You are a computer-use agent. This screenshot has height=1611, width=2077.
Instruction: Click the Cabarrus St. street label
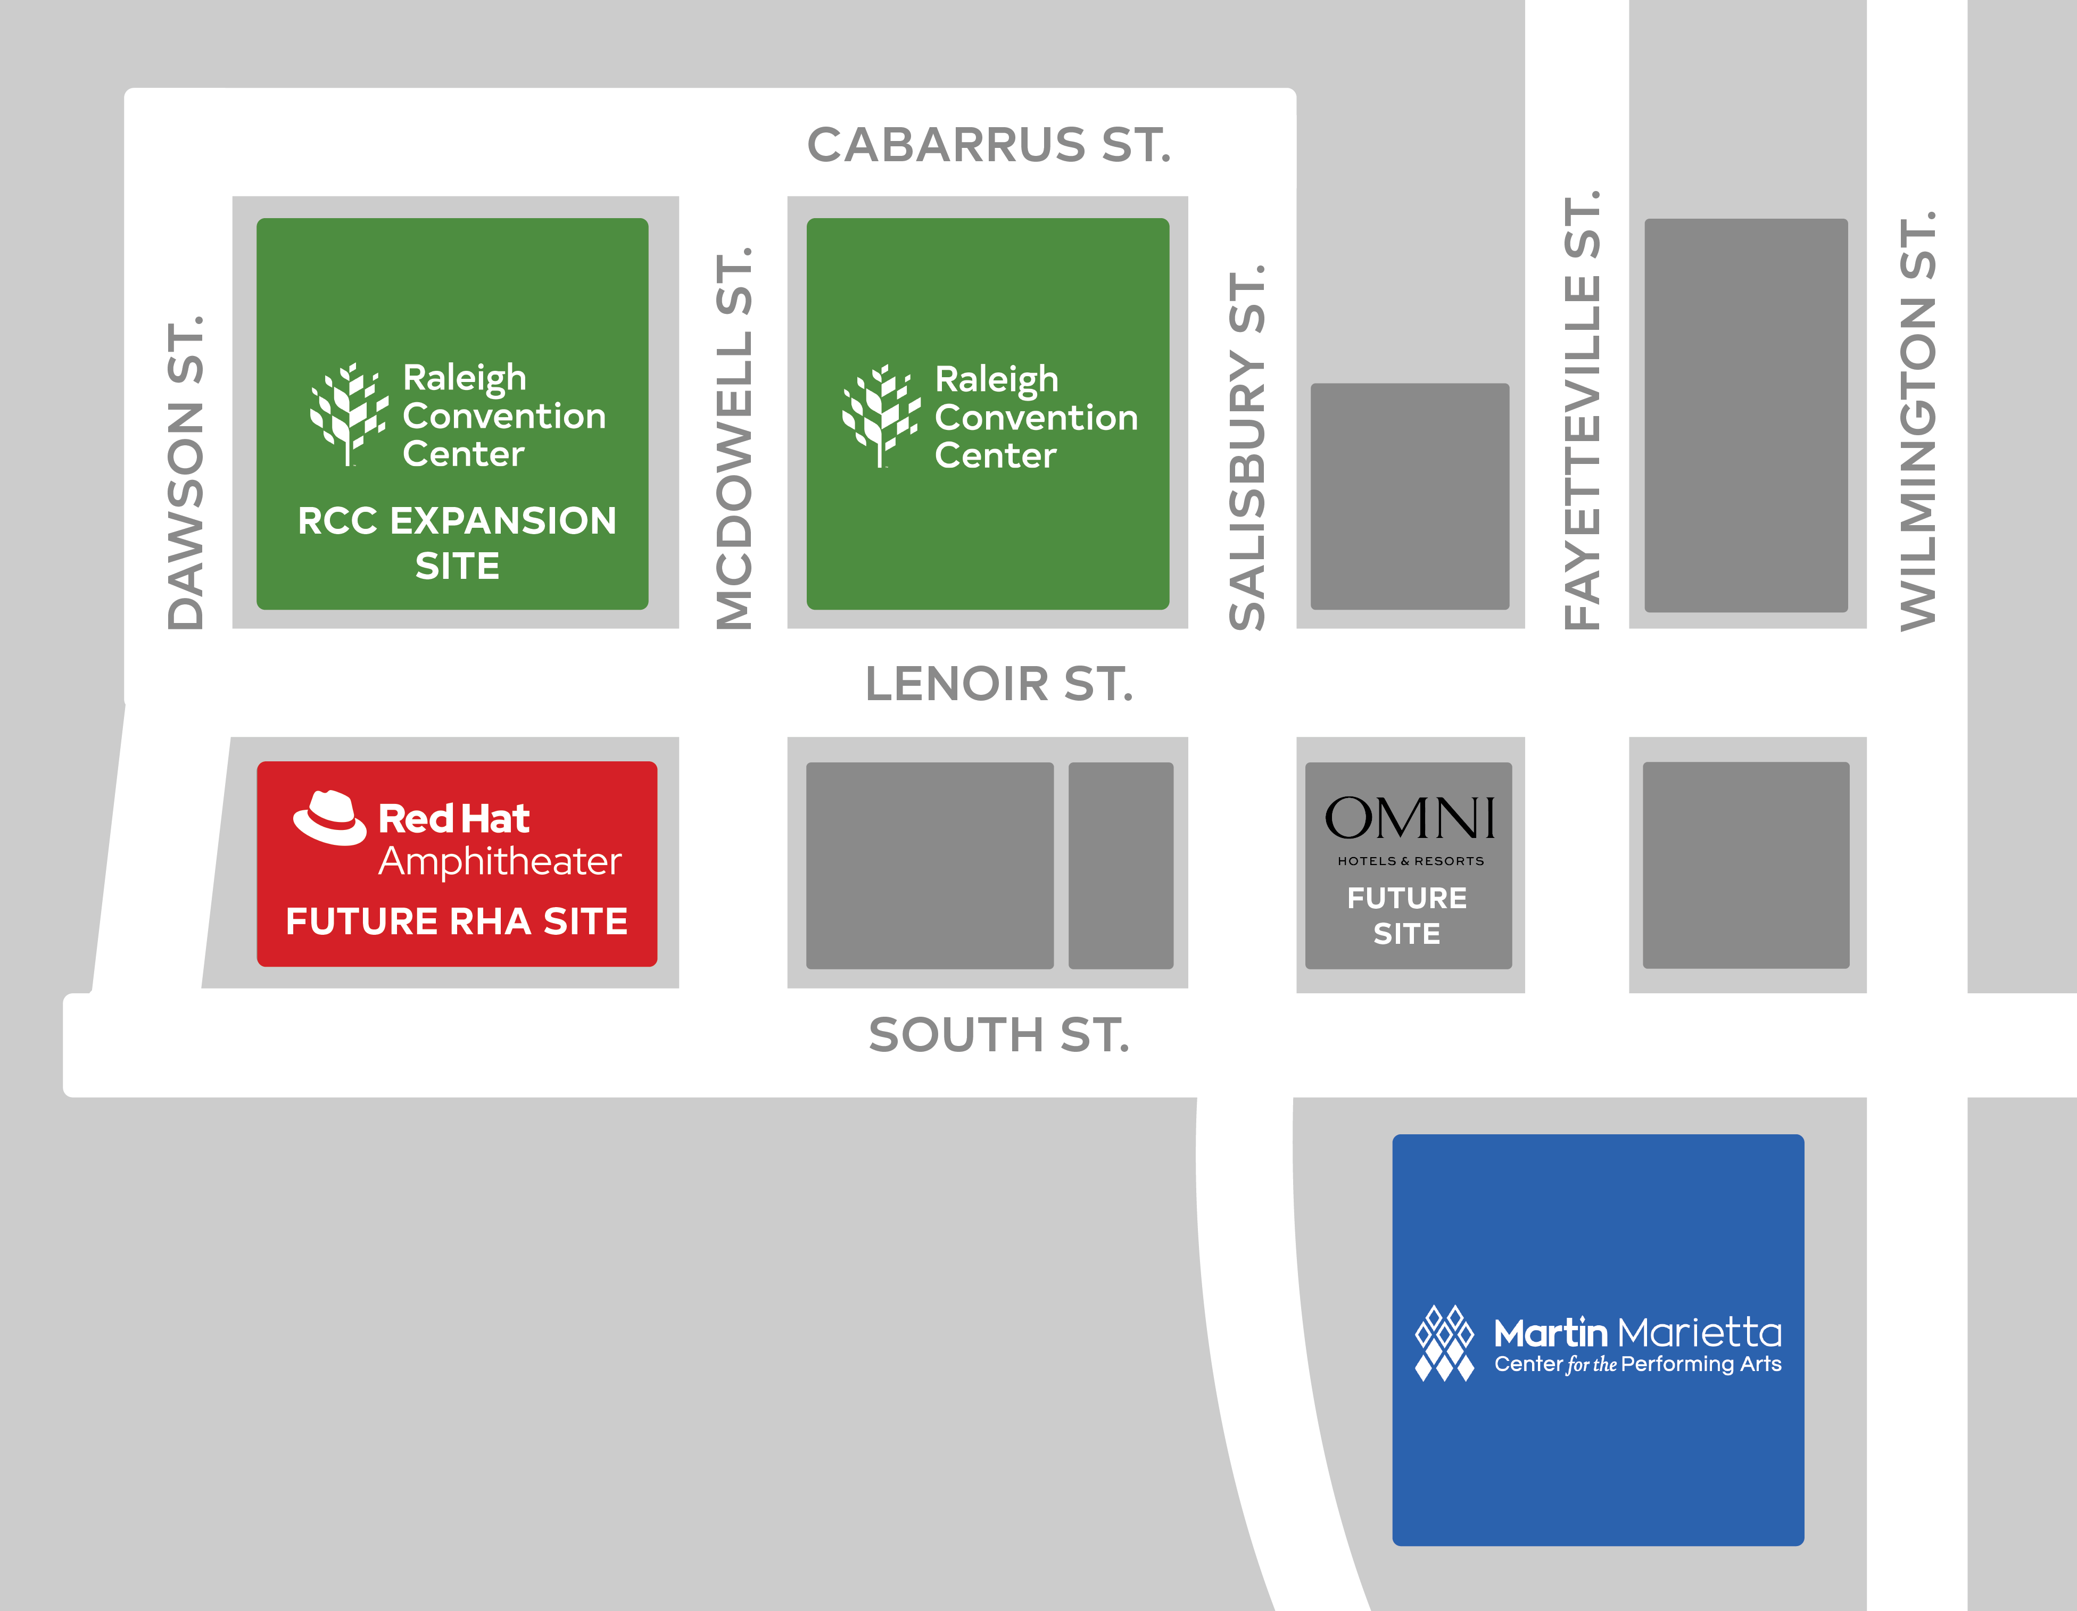click(x=989, y=145)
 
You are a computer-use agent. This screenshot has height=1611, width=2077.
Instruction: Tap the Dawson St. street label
click(x=185, y=472)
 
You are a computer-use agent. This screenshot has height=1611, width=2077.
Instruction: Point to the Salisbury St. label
click(x=1247, y=447)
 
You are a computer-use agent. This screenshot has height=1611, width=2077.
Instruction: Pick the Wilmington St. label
click(x=1917, y=420)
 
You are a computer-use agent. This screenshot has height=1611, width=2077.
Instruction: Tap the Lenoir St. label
click(x=998, y=684)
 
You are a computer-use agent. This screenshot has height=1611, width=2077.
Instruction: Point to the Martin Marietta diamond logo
click(x=1444, y=1343)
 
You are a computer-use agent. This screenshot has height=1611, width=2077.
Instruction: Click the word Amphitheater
click(x=500, y=861)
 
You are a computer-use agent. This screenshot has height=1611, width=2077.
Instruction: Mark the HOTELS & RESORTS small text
click(x=1410, y=861)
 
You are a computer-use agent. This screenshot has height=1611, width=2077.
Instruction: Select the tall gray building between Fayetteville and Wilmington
click(x=1746, y=416)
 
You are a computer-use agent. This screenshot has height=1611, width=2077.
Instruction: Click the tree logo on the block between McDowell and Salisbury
click(x=881, y=417)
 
